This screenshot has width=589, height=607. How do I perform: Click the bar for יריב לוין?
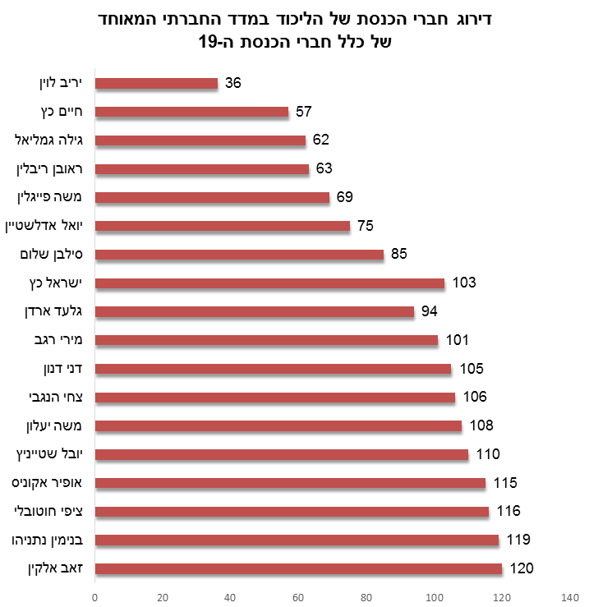[x=157, y=83]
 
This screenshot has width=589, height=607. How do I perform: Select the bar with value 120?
[x=298, y=568]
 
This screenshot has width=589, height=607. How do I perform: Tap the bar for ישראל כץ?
[x=269, y=283]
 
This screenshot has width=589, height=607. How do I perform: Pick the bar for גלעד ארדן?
[x=255, y=311]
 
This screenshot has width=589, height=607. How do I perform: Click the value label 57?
[x=304, y=112]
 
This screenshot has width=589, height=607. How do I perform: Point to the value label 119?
[x=518, y=540]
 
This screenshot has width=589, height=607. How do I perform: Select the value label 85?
[x=399, y=254]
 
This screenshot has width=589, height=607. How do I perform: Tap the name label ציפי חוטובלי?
[x=53, y=511]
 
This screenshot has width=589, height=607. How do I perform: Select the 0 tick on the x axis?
[x=95, y=596]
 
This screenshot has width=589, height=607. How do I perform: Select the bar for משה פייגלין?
[x=212, y=197]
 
